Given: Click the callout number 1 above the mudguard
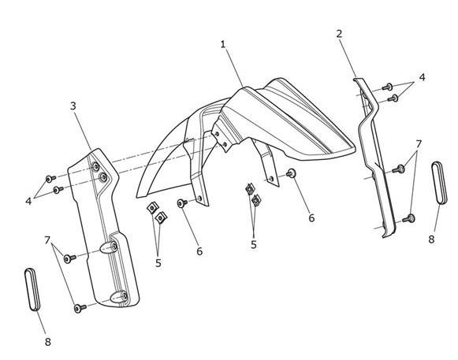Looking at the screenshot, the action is click(223, 44).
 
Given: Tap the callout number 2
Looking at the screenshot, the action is click(339, 34).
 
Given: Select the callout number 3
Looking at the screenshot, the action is click(73, 106).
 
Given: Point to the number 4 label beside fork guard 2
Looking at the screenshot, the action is click(422, 77).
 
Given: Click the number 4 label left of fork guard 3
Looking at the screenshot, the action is click(28, 201).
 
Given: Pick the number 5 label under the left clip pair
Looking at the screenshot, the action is click(158, 263).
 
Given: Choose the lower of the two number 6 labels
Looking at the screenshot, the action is click(199, 251).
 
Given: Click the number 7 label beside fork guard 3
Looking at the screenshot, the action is click(47, 240).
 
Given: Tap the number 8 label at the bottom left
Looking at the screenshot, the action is click(48, 342).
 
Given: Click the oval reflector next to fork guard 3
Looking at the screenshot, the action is click(32, 289).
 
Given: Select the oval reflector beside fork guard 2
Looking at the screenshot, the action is click(439, 183).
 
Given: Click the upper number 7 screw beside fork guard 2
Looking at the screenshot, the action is click(399, 169).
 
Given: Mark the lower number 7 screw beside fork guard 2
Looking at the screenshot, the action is click(408, 218).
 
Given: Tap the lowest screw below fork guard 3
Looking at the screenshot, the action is click(80, 308).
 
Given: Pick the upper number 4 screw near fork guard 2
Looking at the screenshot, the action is click(388, 87).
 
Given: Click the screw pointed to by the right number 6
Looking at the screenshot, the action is click(291, 173).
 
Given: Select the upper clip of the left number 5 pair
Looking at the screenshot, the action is click(152, 208).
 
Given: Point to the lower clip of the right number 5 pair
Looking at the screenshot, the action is click(256, 200).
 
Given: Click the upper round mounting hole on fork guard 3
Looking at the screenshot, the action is click(95, 167).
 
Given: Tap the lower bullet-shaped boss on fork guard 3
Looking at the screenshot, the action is click(118, 297).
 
